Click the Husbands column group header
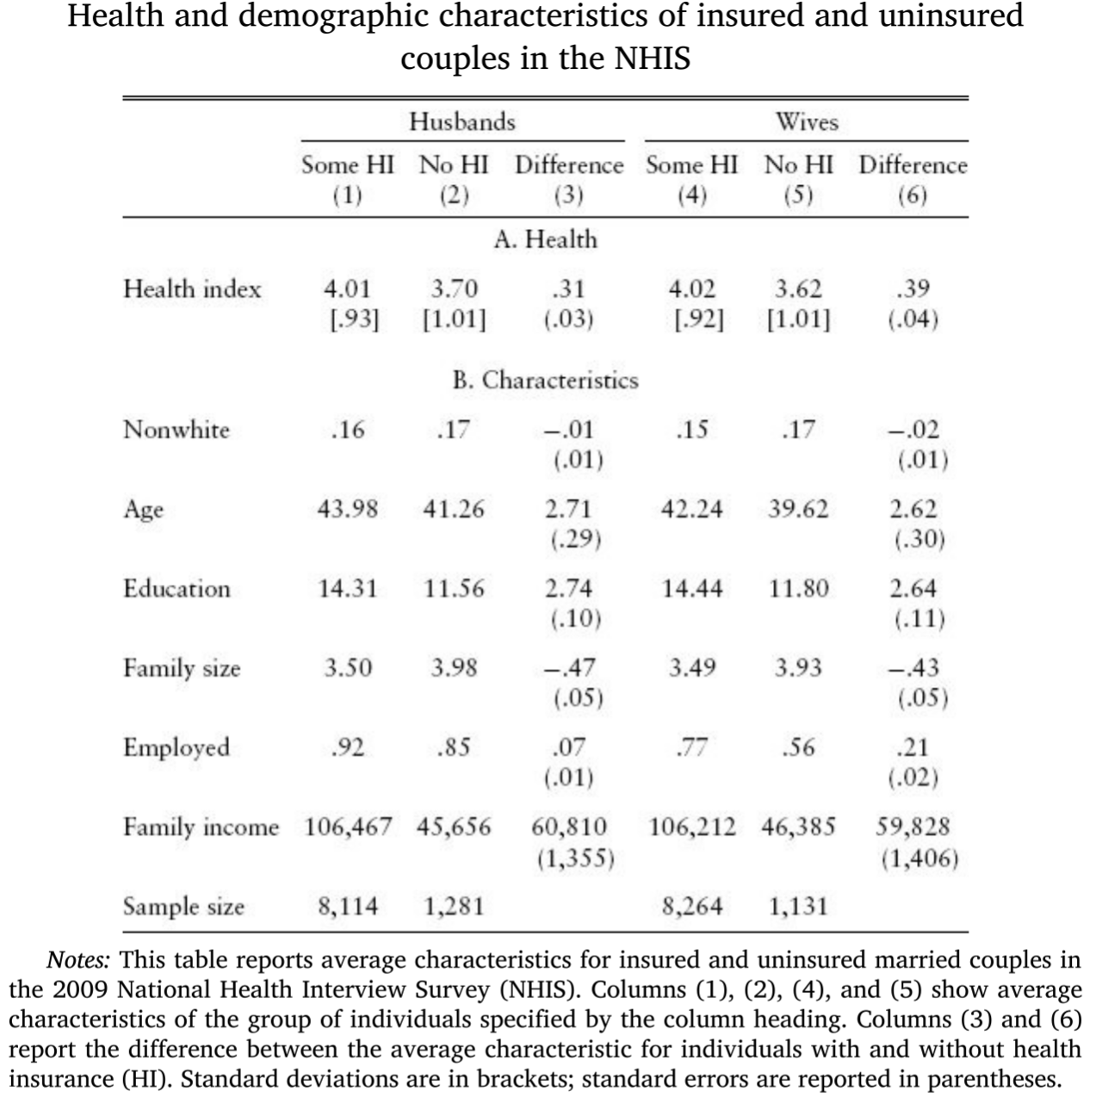pos(462,121)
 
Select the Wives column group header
pos(806,121)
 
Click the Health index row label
pos(192,288)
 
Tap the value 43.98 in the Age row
pos(347,509)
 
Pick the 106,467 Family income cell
pos(347,827)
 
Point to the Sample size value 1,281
pos(454,906)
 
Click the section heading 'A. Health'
pos(545,239)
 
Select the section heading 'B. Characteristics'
pos(545,380)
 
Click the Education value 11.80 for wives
pos(798,588)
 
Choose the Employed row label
pos(176,747)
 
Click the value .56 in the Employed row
pos(798,747)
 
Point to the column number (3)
pos(568,195)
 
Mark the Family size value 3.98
pos(454,667)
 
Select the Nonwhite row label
pos(176,429)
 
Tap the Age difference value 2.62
pos(913,509)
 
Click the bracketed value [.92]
pos(697,320)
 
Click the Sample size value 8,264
pos(691,906)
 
